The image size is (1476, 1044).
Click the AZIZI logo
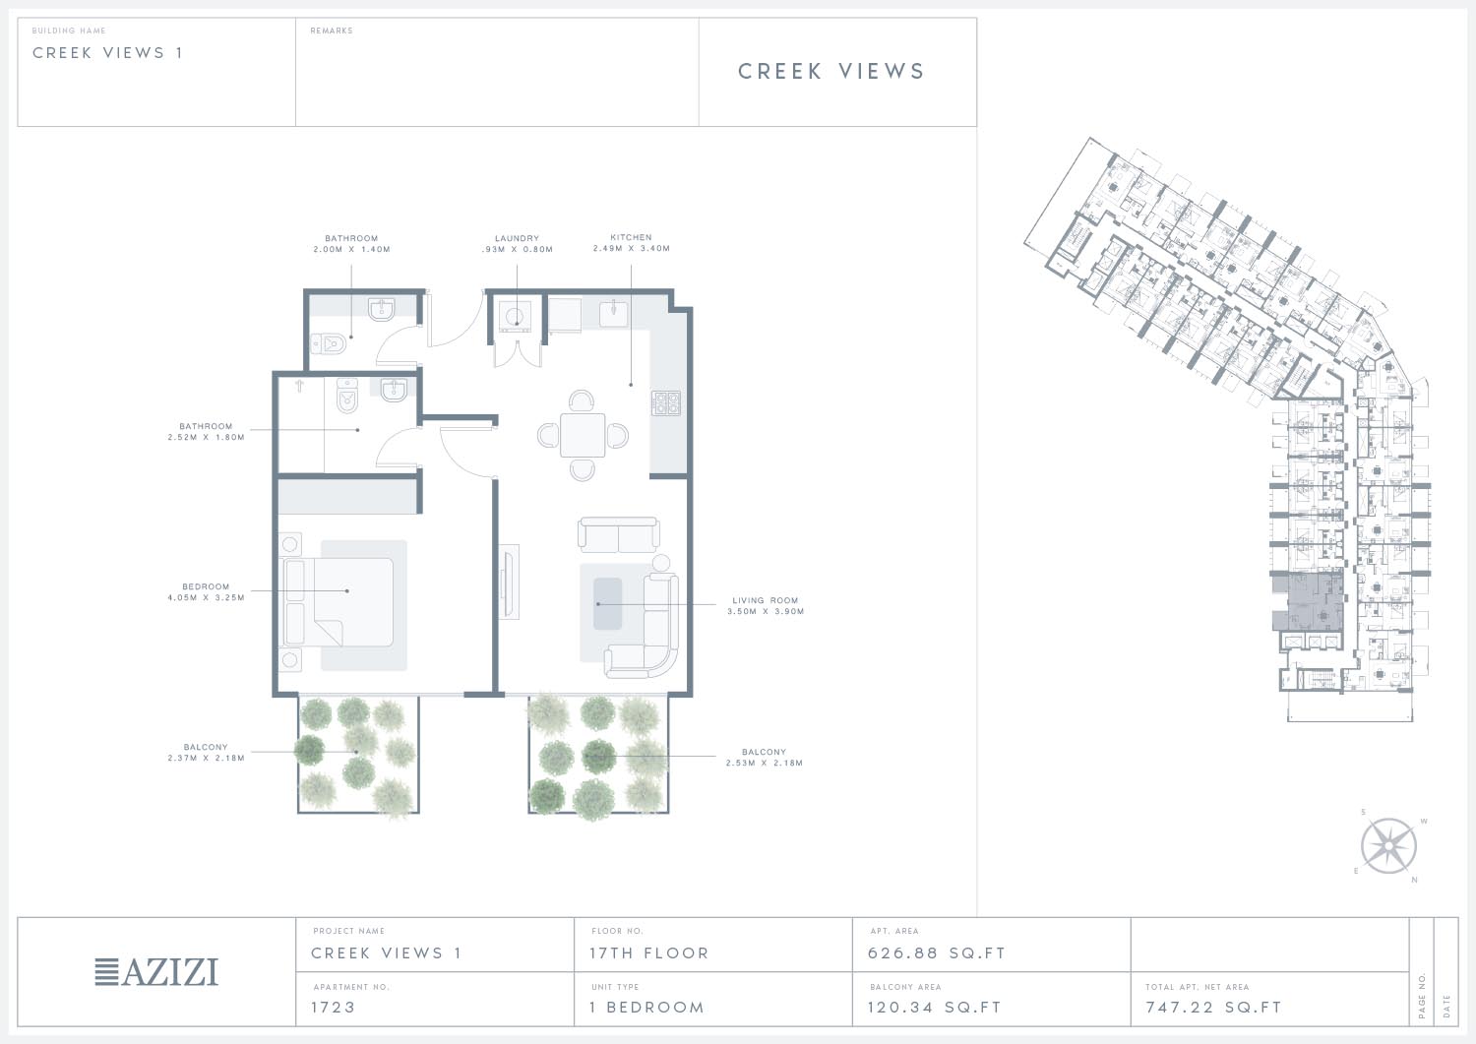156,972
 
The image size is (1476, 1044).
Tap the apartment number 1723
334,1007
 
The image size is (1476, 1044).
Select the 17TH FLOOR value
649,953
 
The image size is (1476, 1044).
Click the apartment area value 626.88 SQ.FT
937,953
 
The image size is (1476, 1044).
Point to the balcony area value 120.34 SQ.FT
935,1007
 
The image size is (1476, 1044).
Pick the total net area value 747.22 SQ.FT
1213,1007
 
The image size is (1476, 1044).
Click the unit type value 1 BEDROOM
647,1007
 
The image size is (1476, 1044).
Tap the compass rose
1388,845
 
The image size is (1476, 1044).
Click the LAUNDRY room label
518,238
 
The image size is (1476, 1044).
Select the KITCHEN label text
632,237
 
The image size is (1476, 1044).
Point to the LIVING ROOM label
765,600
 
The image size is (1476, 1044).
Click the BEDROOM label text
206,586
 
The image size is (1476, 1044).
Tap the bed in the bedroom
338,602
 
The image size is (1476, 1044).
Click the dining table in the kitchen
583,435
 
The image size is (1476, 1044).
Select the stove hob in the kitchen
665,402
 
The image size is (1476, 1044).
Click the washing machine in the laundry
515,317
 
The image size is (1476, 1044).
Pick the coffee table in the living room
607,604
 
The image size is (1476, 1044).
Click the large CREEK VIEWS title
830,71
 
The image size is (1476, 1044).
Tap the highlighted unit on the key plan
1308,602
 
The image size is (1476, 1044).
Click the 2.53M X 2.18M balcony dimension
765,764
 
